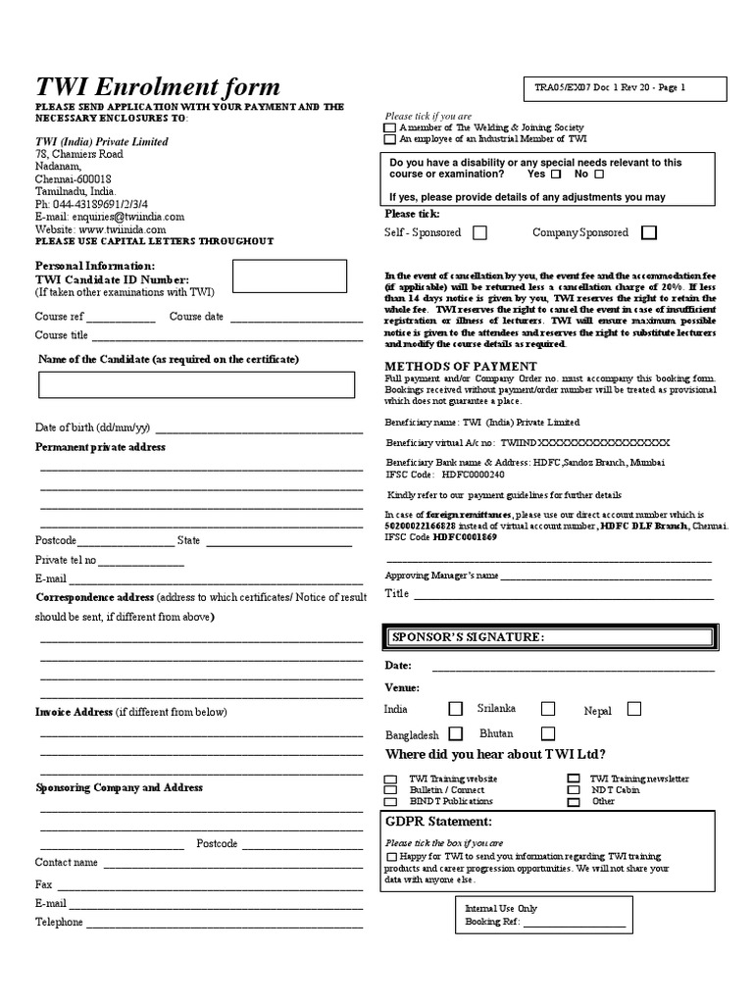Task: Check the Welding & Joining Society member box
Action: (390, 127)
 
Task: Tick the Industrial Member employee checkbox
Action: (390, 140)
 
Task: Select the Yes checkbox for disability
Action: (557, 175)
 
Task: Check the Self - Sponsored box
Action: (480, 233)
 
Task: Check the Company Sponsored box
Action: (648, 233)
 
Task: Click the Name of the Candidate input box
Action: (196, 386)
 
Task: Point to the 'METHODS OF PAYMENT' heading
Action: (447, 366)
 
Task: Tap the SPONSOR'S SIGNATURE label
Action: (467, 637)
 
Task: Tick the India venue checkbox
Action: (456, 709)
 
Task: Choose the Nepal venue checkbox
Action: (634, 709)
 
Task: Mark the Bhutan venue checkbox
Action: (548, 733)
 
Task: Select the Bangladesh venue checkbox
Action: (456, 733)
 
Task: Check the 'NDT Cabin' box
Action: (574, 790)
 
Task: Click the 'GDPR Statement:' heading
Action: (439, 822)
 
